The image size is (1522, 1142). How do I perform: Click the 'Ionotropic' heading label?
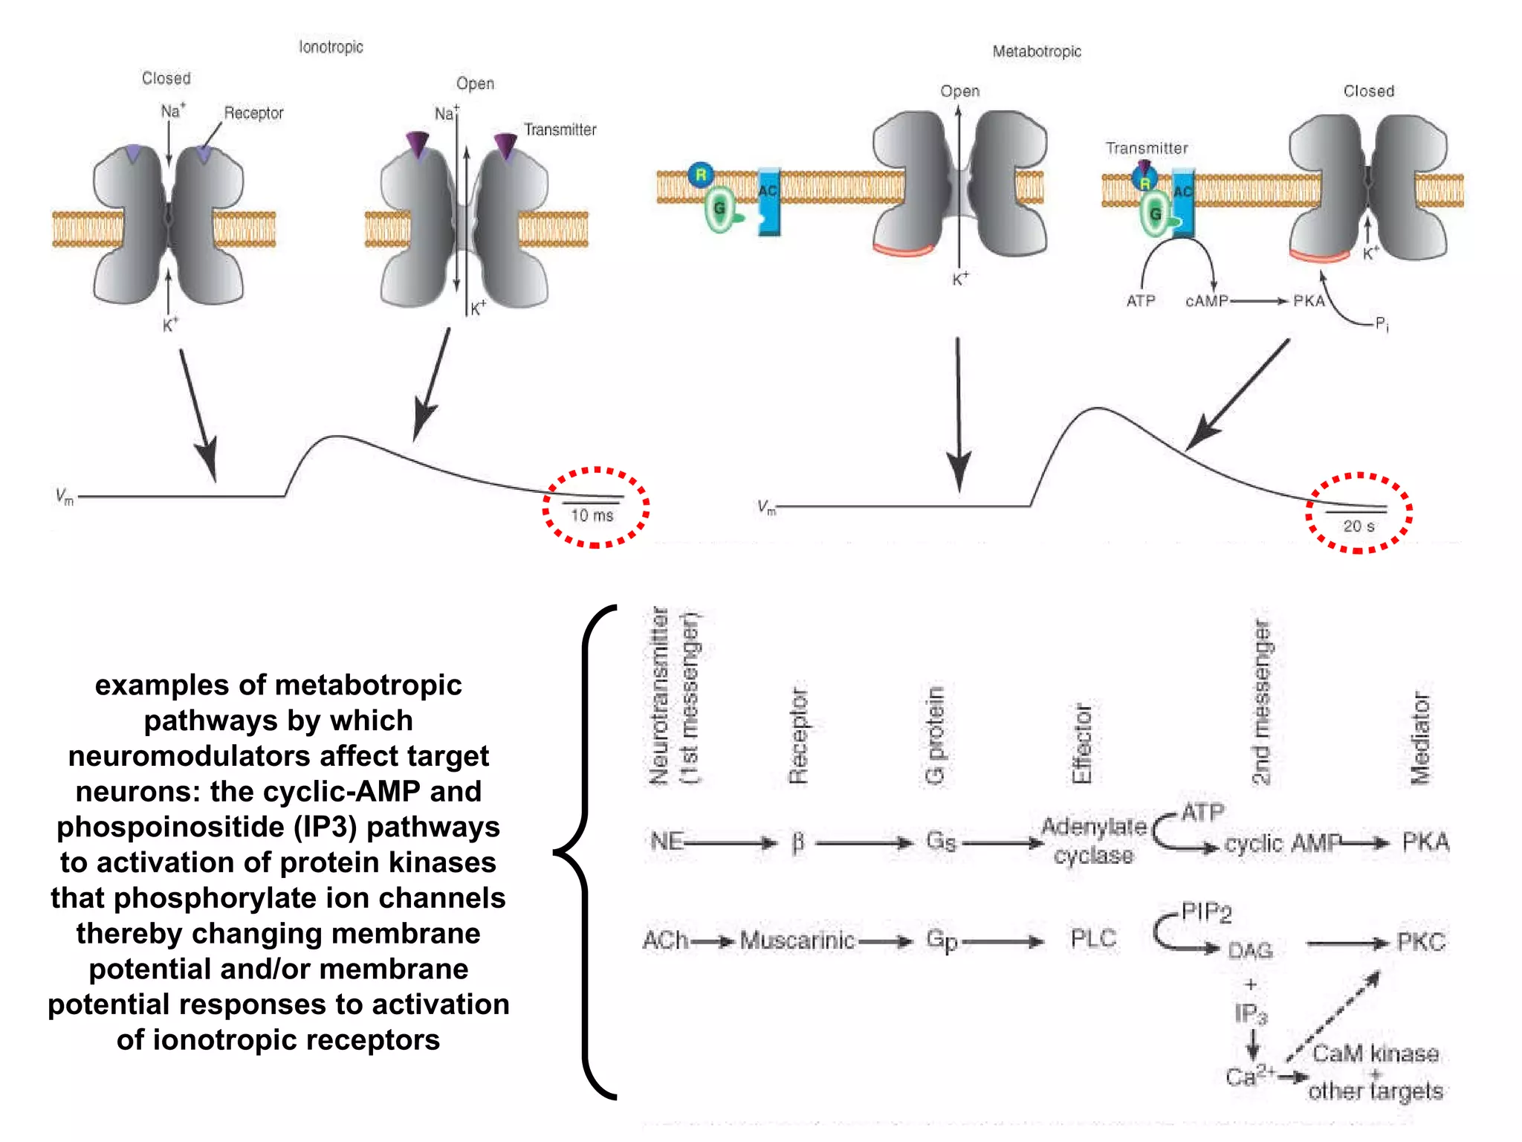coord(331,47)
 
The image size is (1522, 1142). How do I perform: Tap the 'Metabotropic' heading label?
coord(1037,51)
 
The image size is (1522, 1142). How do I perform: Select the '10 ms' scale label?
coord(592,515)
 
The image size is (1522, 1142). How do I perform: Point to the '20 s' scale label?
coord(1359,526)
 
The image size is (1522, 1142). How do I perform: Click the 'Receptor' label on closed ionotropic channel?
coord(253,113)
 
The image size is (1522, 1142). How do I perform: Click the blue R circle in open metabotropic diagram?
coord(700,175)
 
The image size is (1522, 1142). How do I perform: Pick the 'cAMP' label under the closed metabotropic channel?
coord(1206,301)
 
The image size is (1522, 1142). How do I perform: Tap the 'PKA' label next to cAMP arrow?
coord(1309,301)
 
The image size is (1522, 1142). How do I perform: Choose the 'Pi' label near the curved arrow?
coord(1382,323)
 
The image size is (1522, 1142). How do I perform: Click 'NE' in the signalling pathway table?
coord(666,841)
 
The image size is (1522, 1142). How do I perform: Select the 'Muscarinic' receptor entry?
coord(797,941)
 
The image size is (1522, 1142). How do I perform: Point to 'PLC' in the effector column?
coord(1093,938)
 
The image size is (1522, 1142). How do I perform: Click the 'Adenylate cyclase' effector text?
coord(1093,841)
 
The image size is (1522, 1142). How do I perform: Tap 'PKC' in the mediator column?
coord(1421,942)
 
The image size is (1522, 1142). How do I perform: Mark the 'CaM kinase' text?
coord(1375,1053)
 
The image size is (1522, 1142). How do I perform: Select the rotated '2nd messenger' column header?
coord(1261,702)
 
